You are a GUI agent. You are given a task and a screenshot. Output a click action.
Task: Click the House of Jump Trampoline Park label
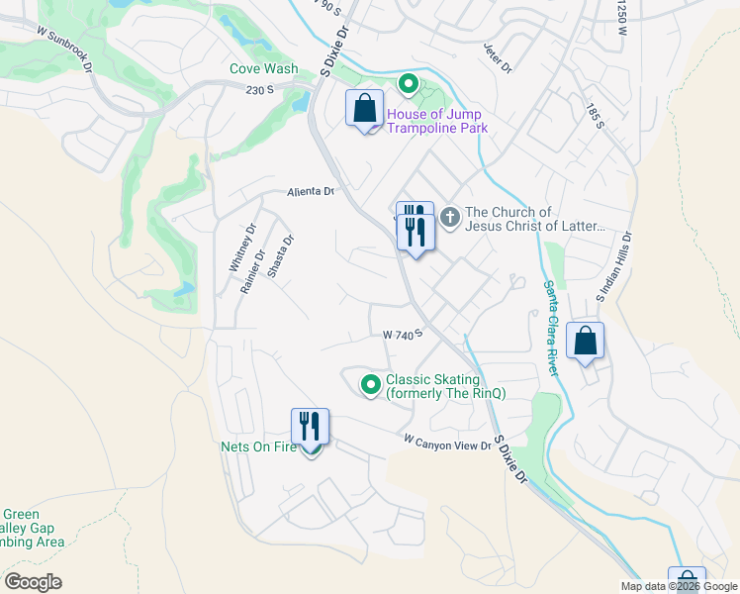coord(436,121)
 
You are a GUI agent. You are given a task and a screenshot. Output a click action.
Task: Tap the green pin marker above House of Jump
coord(406,85)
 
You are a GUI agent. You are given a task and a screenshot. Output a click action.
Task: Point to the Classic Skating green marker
coord(371,385)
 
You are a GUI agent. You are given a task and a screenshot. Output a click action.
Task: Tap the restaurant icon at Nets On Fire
coord(310,427)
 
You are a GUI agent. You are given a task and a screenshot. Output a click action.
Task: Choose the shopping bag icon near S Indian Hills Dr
coord(586,341)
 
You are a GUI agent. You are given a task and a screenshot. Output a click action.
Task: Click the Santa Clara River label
coord(551,327)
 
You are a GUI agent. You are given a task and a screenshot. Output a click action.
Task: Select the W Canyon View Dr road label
coord(447,443)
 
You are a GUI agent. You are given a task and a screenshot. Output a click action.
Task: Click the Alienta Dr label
coord(312,192)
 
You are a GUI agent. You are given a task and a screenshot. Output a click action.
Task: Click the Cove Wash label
coord(263,69)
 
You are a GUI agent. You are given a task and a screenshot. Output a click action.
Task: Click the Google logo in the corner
coord(33,582)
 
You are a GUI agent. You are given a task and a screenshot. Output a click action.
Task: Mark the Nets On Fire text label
coord(257,447)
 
